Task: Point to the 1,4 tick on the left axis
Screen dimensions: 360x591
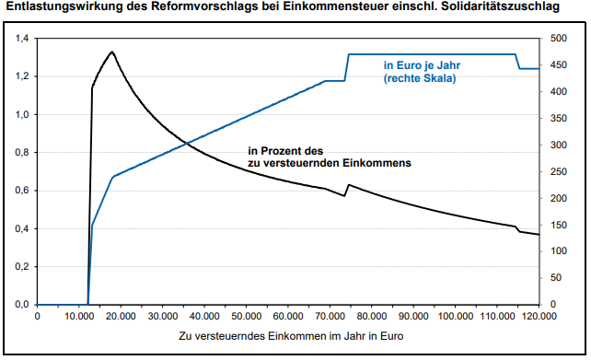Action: (x=19, y=39)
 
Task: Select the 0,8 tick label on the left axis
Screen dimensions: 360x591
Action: (x=19, y=153)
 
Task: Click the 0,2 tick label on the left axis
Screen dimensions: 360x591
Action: (x=19, y=267)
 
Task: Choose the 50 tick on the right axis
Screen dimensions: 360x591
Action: (x=555, y=278)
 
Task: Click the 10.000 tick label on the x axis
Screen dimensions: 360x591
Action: (x=79, y=317)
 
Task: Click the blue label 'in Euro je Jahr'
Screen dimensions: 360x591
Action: (x=420, y=66)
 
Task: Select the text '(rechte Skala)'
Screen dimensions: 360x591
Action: (x=420, y=79)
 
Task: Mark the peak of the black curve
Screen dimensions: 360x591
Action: (x=112, y=52)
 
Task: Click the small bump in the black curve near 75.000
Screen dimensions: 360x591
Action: (x=348, y=185)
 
